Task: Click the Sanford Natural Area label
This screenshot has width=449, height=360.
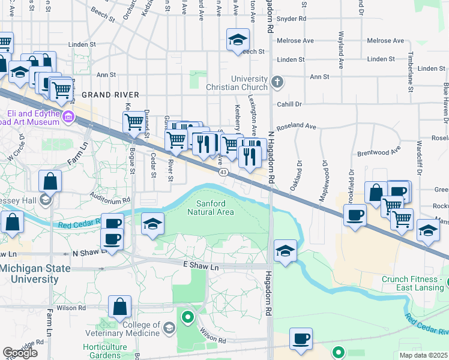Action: [210, 207]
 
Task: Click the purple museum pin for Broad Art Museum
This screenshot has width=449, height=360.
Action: [70, 116]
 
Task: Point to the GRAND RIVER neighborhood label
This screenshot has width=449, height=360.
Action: [110, 95]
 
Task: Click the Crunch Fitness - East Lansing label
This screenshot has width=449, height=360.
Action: [415, 284]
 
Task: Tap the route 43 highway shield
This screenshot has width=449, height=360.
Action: [223, 172]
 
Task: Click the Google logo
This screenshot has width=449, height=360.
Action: [20, 353]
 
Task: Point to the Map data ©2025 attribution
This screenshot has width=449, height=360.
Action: [424, 355]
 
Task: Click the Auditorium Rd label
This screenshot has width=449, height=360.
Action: [110, 198]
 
